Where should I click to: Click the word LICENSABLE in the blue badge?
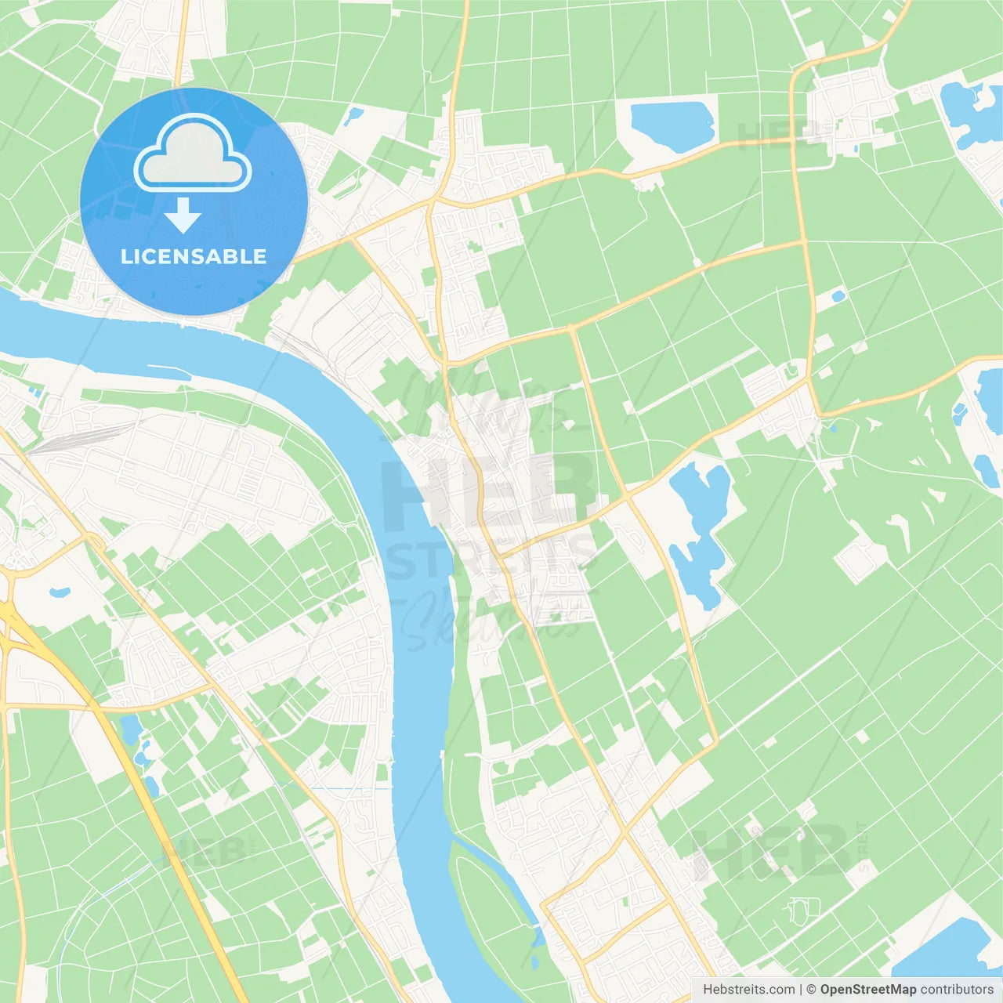pyautogui.click(x=193, y=256)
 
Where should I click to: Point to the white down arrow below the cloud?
pyautogui.click(x=183, y=215)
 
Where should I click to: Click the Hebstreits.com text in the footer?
pyautogui.click(x=748, y=990)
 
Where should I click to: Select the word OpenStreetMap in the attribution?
pyautogui.click(x=868, y=990)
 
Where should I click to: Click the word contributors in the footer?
pyautogui.click(x=957, y=990)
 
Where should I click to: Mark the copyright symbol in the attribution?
pyautogui.click(x=811, y=990)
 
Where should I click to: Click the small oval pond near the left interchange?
pyautogui.click(x=60, y=592)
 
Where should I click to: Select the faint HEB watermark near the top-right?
pyautogui.click(x=776, y=135)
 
